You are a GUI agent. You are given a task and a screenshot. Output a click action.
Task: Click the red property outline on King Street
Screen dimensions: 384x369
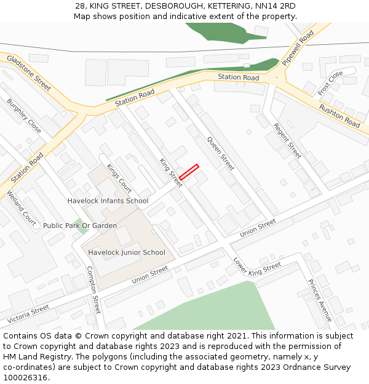pyautogui.click(x=189, y=172)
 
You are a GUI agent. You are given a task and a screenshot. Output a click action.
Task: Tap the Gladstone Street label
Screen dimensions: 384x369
pyautogui.click(x=29, y=72)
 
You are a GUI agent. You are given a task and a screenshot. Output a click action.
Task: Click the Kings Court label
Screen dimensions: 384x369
pyautogui.click(x=119, y=178)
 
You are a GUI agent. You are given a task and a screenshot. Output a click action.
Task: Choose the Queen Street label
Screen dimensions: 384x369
pyautogui.click(x=221, y=153)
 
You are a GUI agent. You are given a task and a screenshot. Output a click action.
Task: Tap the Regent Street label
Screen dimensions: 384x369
pyautogui.click(x=287, y=141)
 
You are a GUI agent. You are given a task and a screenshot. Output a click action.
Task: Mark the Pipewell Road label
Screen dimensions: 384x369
pyautogui.click(x=298, y=47)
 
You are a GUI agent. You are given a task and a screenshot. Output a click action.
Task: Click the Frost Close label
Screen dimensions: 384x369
pyautogui.click(x=330, y=83)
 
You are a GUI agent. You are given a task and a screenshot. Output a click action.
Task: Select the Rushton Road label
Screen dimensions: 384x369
pyautogui.click(x=339, y=116)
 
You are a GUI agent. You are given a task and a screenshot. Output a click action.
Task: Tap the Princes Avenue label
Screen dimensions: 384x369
pyautogui.click(x=320, y=300)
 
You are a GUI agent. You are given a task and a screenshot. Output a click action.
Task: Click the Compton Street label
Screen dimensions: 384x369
pyautogui.click(x=93, y=289)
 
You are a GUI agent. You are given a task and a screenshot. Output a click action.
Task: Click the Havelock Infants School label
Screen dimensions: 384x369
pyautogui.click(x=108, y=201)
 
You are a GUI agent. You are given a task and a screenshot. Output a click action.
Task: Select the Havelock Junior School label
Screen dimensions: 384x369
pyautogui.click(x=126, y=253)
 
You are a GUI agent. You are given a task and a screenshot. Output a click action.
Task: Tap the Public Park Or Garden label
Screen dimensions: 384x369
pyautogui.click(x=79, y=225)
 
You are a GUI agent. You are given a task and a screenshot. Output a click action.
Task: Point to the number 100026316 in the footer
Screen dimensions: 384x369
pyautogui.click(x=25, y=378)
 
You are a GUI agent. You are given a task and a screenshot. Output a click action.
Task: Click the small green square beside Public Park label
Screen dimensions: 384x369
pyautogui.click(x=77, y=225)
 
